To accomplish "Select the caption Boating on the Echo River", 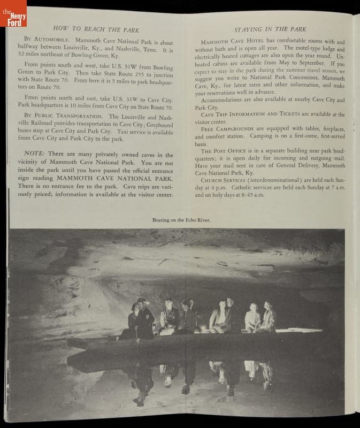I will (x=181, y=220).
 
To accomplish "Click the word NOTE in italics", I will (x=34, y=155).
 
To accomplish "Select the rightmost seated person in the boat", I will (x=268, y=318).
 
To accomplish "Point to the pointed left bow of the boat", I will (x=72, y=340).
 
